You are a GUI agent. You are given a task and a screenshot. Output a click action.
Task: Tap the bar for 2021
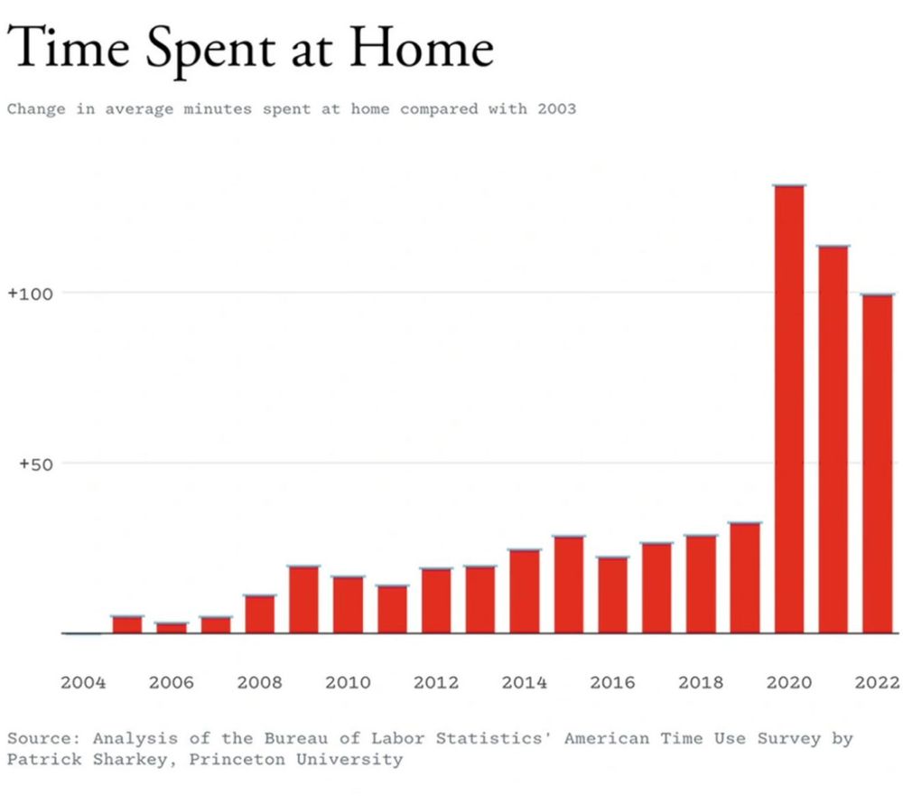(x=833, y=439)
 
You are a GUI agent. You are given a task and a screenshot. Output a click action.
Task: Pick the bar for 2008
(x=259, y=614)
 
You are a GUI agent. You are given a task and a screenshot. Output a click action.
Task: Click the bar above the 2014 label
(x=524, y=592)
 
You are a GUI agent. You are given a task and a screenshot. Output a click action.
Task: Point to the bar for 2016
(x=612, y=595)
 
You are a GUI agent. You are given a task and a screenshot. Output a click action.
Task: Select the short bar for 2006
(x=171, y=628)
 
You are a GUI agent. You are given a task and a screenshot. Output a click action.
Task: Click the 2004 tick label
(x=83, y=682)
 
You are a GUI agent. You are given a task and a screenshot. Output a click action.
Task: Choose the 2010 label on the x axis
(x=348, y=682)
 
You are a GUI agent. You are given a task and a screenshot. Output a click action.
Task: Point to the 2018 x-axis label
(x=701, y=682)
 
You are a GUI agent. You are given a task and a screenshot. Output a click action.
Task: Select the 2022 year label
(x=877, y=682)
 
